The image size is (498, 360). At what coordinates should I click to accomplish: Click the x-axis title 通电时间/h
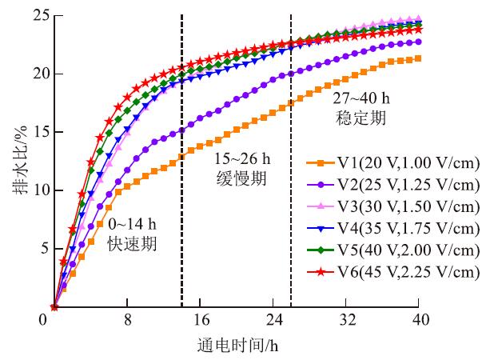[x=237, y=346]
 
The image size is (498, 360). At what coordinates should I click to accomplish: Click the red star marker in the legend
[x=320, y=272]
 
